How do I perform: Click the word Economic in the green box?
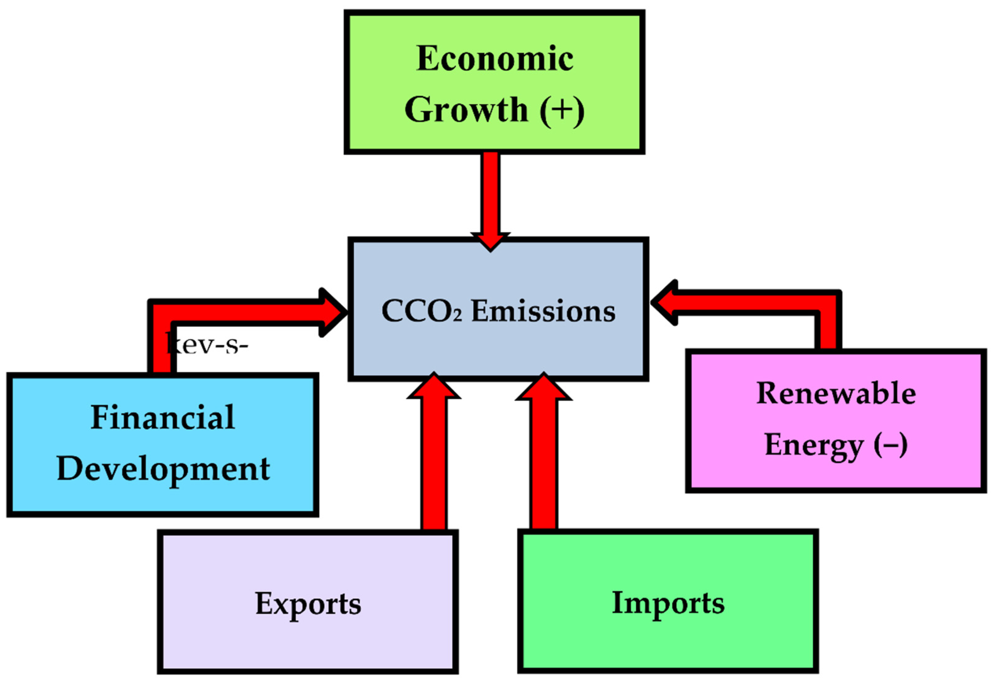tap(495, 59)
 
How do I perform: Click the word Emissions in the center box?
tap(543, 311)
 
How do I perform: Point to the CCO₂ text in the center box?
tap(421, 311)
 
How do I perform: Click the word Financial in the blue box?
tap(163, 417)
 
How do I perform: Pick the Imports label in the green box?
tap(668, 603)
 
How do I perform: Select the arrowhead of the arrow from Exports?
tap(434, 387)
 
